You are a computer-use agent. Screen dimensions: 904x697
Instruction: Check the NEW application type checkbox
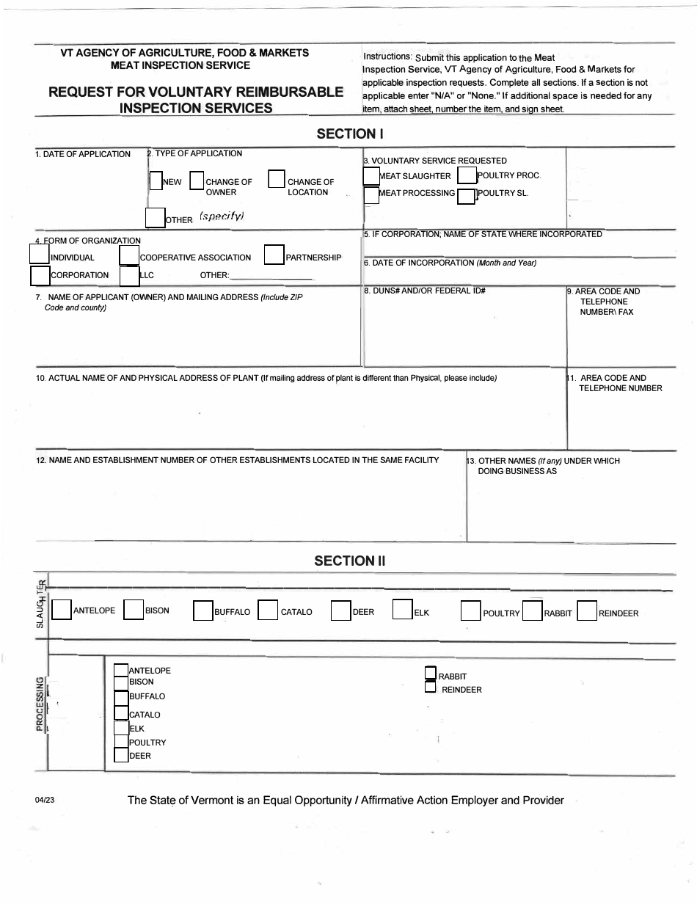click(x=156, y=181)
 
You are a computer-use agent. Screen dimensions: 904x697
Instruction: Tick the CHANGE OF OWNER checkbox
click(x=197, y=181)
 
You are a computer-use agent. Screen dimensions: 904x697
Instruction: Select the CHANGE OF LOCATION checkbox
click(x=276, y=179)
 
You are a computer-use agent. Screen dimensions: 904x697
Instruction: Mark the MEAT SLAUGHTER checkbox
click(x=371, y=176)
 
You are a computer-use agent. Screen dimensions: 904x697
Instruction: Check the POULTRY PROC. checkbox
click(x=467, y=175)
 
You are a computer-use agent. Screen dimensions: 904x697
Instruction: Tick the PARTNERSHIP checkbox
click(x=274, y=254)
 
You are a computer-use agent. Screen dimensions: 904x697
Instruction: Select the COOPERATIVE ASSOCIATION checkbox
click(x=129, y=255)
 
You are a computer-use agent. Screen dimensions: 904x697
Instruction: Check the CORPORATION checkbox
click(x=40, y=275)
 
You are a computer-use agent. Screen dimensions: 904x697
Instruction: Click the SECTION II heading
click(x=349, y=561)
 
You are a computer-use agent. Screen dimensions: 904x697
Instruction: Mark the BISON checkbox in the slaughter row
click(x=133, y=610)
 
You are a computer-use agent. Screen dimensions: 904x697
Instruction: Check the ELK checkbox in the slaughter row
click(x=403, y=610)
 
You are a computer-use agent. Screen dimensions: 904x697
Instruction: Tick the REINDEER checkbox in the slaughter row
click(x=586, y=611)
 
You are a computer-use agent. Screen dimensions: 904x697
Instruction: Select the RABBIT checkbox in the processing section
click(x=430, y=673)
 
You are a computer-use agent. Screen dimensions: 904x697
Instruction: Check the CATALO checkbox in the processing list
click(x=121, y=712)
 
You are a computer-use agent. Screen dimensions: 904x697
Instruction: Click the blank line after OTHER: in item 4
click(x=271, y=276)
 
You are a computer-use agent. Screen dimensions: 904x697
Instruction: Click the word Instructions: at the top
click(x=387, y=56)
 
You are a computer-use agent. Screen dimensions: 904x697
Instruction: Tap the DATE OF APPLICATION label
click(x=83, y=154)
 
